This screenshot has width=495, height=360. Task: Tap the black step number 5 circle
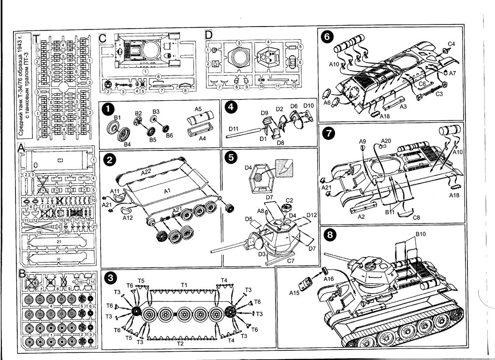coord(231,157)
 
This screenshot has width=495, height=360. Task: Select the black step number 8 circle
coord(330,235)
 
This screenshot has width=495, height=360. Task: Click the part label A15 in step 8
coord(295,293)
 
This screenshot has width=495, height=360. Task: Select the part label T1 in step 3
coord(184,285)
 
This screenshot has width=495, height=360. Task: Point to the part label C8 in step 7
coord(416,218)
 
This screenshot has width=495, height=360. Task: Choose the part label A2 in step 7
coord(361,216)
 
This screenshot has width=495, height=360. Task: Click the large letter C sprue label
coord(103,38)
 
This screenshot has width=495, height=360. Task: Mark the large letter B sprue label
coord(22,274)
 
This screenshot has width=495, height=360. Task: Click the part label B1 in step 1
coord(117,118)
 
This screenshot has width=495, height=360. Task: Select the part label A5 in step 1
coord(198,109)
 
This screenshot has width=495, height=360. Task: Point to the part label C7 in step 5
coord(291,261)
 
